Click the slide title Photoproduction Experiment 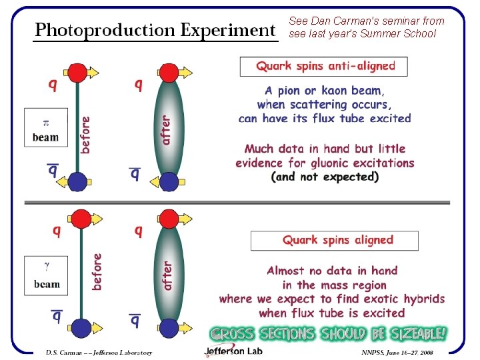tap(155, 30)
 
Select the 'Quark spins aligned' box tap(335, 240)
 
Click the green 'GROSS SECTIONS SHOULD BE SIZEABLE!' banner tap(328, 333)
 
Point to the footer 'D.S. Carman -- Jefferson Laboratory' tap(99, 353)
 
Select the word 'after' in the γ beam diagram tap(167, 275)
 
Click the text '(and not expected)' tap(325, 177)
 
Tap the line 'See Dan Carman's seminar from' tap(366, 21)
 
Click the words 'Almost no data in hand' tap(332, 270)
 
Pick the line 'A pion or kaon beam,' tap(323, 90)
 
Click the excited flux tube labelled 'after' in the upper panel tap(169, 127)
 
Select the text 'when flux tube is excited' tap(331, 313)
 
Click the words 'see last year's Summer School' tap(363, 34)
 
